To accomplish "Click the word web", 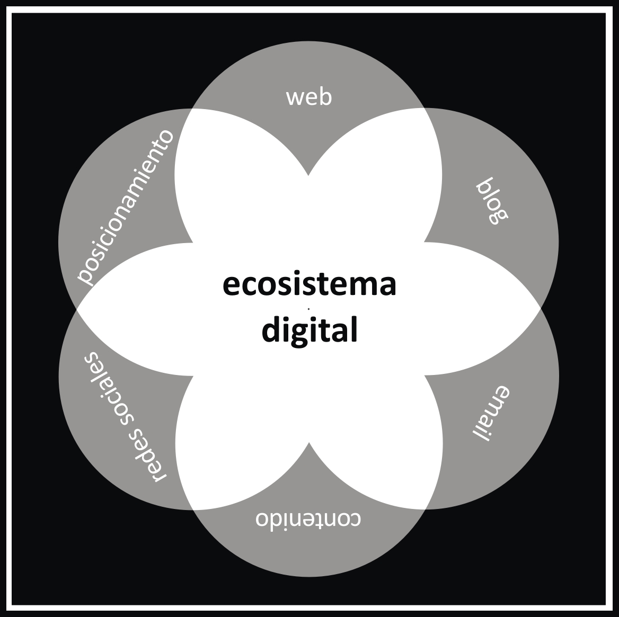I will point(309,97).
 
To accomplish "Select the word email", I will point(491,413).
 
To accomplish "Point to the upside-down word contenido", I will point(308,518).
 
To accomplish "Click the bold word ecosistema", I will point(309,284).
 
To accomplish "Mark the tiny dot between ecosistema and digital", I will point(308,308).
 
